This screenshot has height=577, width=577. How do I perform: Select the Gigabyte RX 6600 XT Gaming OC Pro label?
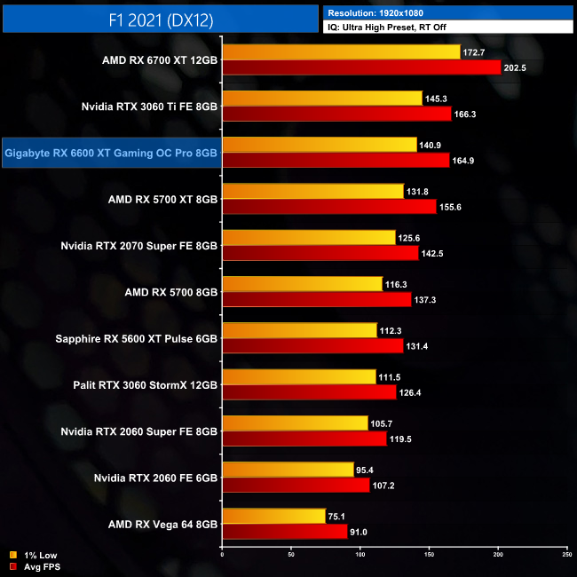[x=111, y=153]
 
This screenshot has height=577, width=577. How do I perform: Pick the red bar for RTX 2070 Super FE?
[x=320, y=253]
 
